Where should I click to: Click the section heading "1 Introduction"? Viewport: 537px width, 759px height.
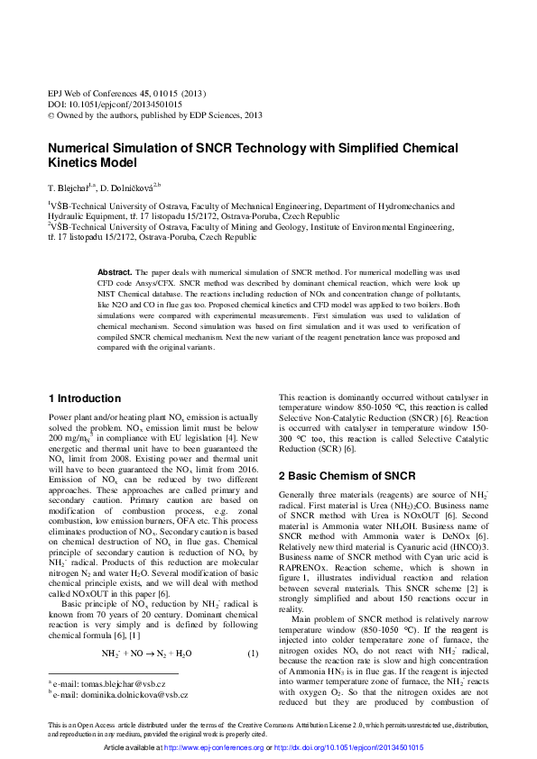pos(84,398)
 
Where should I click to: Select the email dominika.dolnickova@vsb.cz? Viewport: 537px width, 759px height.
pos(131,695)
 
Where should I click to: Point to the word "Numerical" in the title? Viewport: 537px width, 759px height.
pos(79,149)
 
